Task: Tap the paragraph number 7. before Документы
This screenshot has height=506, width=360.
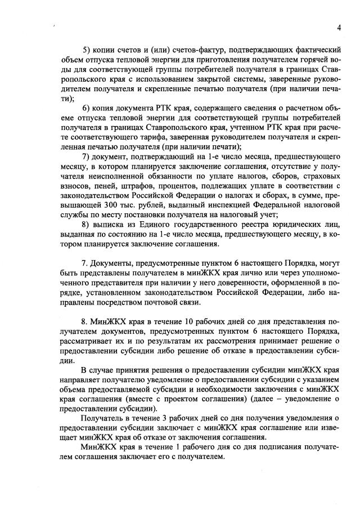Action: coord(85,263)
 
